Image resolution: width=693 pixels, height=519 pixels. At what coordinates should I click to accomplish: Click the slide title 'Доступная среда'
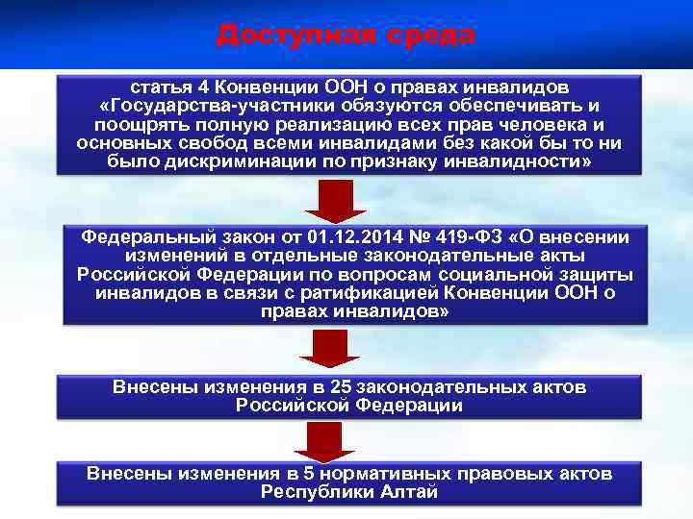coord(346,35)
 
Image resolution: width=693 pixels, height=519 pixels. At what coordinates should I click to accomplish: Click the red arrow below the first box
coord(336,200)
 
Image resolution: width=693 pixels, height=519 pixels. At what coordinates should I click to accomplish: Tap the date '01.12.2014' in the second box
coord(348,236)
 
